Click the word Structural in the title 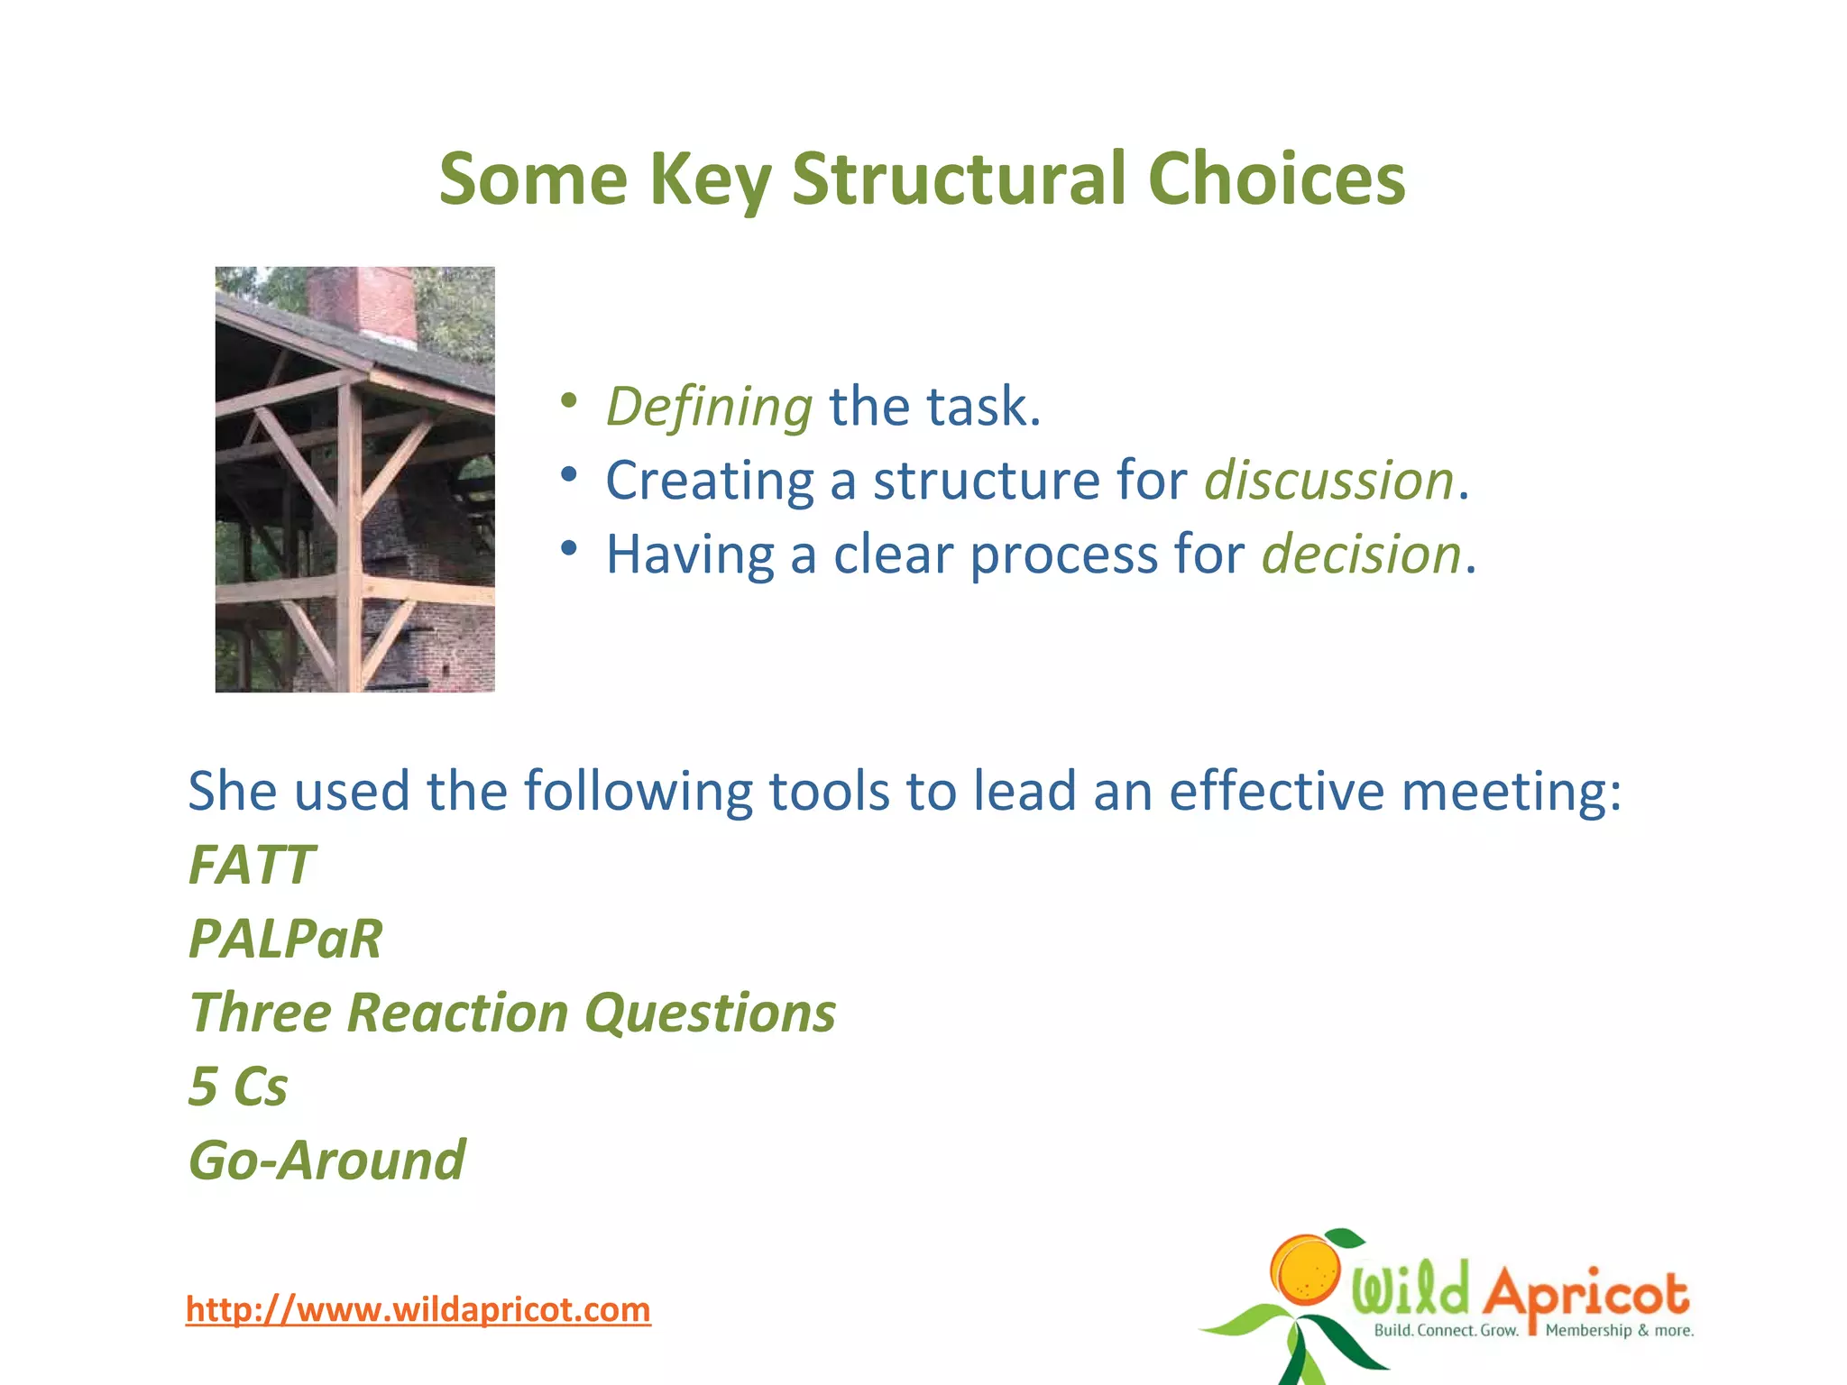click(959, 179)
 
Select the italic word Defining click(709, 407)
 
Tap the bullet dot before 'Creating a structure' click(567, 474)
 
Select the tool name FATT click(252, 865)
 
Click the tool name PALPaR click(286, 939)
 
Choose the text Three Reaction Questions click(512, 1013)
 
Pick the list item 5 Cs click(238, 1087)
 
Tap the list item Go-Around click(327, 1160)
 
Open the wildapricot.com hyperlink click(418, 1309)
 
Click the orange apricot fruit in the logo click(1305, 1270)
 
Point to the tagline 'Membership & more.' click(1619, 1331)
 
